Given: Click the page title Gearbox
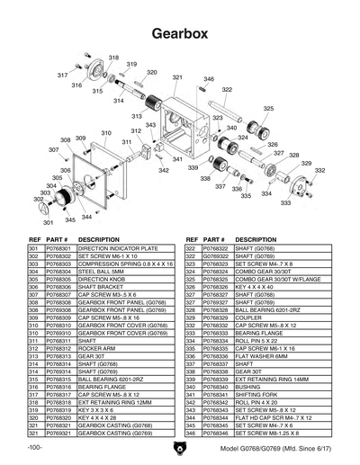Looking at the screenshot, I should [180, 32].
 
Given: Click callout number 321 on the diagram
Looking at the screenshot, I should [177, 78].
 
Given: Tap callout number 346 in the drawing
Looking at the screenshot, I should [209, 80].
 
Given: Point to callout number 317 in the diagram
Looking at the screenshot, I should [62, 75].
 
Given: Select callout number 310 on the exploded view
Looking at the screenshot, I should [106, 133].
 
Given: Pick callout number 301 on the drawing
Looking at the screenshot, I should [47, 221].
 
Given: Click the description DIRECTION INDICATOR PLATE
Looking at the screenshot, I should [118, 247].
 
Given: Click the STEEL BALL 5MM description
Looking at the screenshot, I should [101, 271].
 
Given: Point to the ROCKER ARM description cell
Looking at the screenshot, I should [98, 349].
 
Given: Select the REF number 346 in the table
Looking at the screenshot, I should [190, 434].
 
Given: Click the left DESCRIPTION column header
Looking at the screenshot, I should [99, 239].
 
